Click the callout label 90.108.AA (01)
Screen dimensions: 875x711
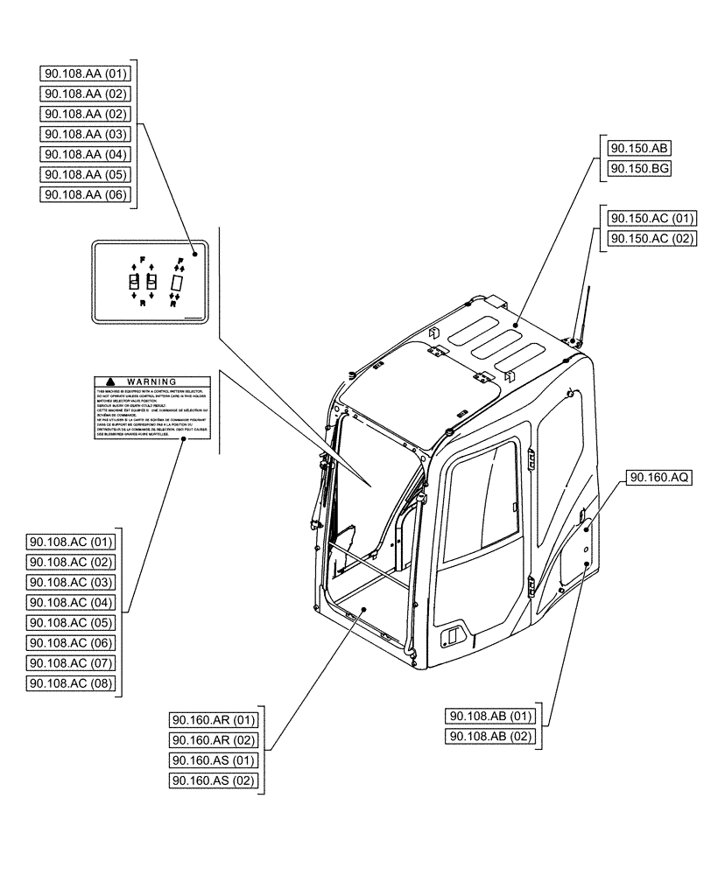coord(86,73)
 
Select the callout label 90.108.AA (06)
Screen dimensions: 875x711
coord(86,195)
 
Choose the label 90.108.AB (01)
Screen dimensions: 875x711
coord(492,717)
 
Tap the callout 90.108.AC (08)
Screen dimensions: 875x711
coord(72,682)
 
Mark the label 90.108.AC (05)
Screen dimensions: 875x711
coord(72,622)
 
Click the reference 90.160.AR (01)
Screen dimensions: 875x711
coord(215,720)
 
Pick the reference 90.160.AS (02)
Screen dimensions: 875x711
coord(215,780)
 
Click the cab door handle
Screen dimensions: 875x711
coord(452,634)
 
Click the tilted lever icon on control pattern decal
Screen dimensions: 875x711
coord(178,283)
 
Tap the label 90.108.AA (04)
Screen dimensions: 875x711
coord(86,155)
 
